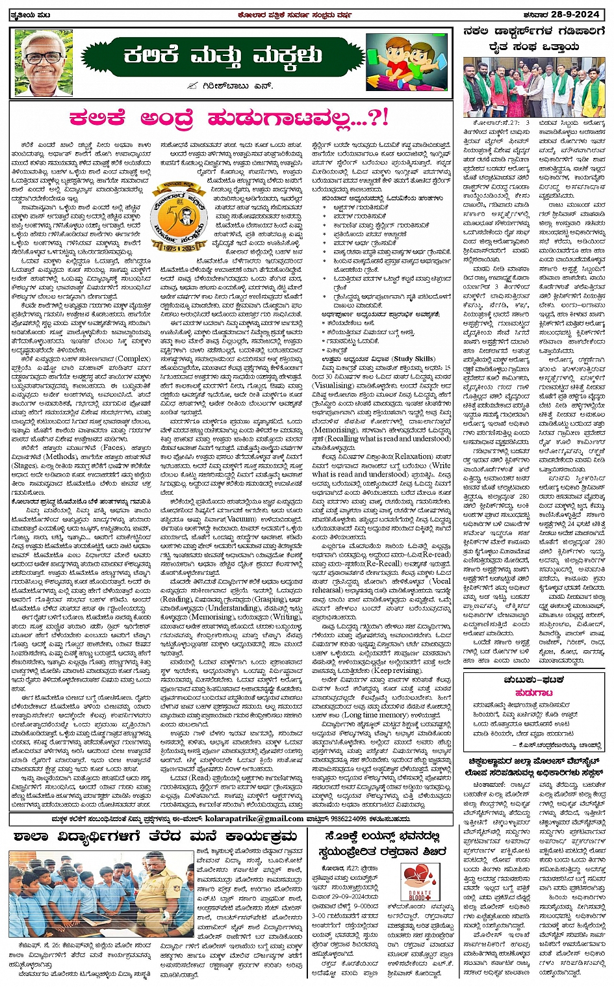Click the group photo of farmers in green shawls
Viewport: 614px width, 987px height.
(533, 86)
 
